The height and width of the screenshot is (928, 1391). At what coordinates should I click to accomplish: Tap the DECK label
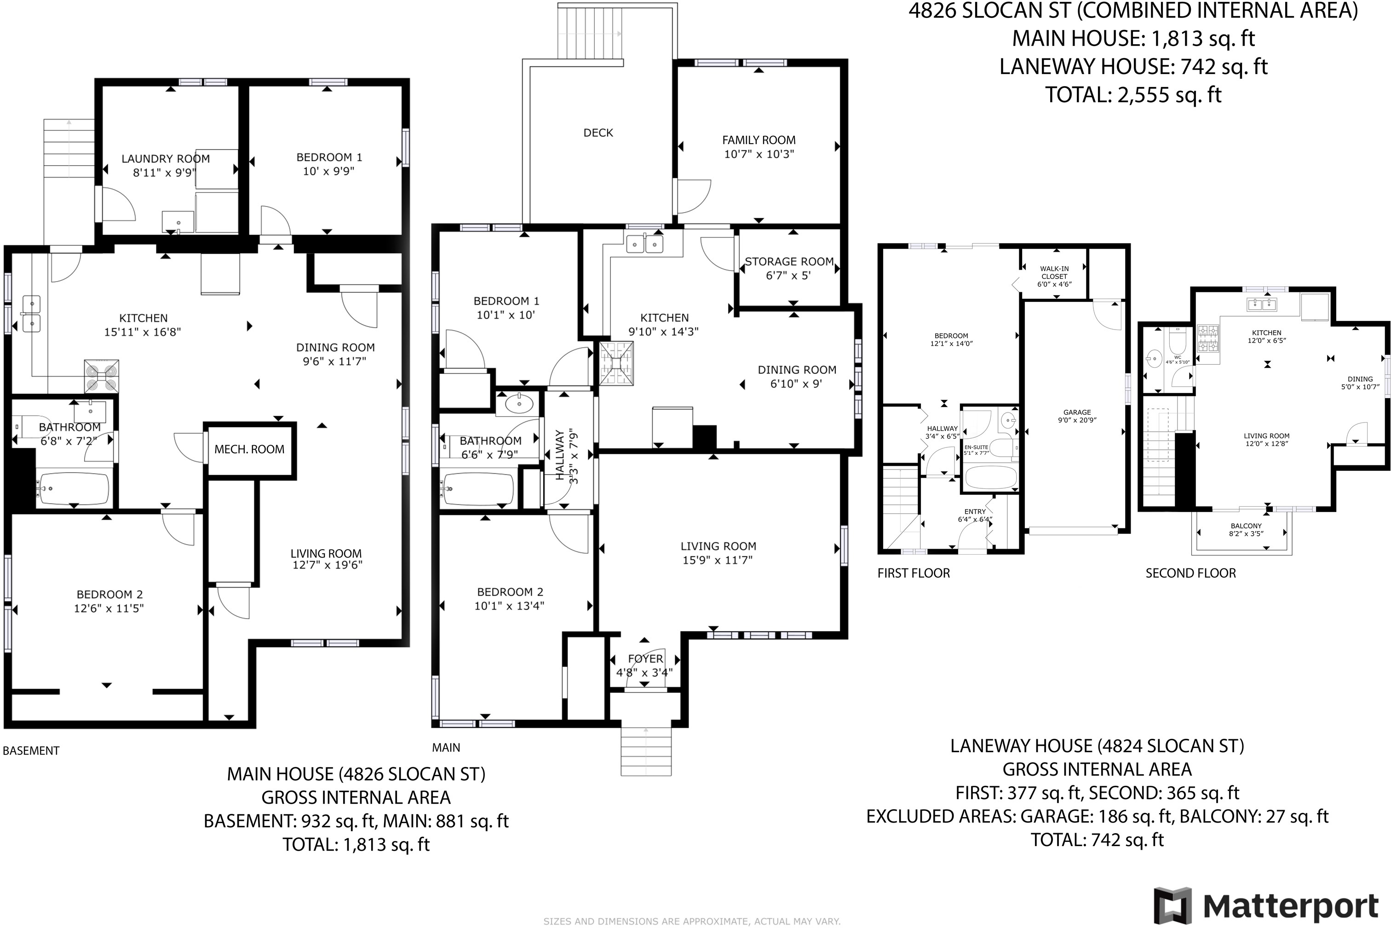(x=598, y=133)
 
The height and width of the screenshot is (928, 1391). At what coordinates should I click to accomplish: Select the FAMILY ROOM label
(x=759, y=140)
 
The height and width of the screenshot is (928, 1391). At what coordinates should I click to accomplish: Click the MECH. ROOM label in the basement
(x=249, y=449)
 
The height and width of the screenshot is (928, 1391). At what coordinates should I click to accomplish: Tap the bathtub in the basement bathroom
(x=73, y=488)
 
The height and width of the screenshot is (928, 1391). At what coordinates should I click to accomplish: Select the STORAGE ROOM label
(x=789, y=261)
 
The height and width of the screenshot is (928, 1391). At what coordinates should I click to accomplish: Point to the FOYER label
(x=645, y=659)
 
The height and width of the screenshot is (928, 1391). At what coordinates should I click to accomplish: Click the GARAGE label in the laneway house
(x=1077, y=412)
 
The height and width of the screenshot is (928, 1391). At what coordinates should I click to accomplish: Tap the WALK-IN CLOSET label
(x=1054, y=272)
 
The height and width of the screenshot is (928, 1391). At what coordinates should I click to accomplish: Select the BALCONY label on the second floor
(x=1246, y=526)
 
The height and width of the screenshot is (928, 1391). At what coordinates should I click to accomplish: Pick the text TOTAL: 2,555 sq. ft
(x=1133, y=95)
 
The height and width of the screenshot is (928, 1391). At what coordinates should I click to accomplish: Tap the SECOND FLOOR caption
(x=1190, y=573)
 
